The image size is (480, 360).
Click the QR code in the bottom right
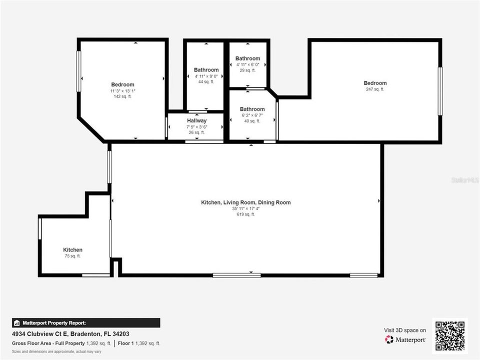point(450,335)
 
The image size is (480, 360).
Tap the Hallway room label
point(197,120)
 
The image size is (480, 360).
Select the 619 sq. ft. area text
point(245,214)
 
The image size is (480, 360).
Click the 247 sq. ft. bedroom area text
point(375,89)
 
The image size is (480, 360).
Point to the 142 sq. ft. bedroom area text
point(122,96)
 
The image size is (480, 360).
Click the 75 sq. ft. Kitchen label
point(72,250)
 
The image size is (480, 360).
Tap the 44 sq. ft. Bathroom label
point(206,70)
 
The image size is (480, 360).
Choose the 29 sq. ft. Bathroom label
point(247,58)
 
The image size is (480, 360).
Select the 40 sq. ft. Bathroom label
point(252,109)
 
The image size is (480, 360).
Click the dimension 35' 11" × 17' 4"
point(245,208)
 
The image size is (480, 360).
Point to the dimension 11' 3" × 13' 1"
point(122,91)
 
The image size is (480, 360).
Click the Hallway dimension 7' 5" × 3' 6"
point(197,127)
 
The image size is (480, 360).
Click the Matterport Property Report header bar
point(86,323)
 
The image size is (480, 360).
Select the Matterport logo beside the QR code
point(405,339)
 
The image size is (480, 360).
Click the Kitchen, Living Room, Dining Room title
point(245,202)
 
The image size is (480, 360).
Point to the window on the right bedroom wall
point(440,91)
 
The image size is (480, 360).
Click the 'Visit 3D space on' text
point(405,330)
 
